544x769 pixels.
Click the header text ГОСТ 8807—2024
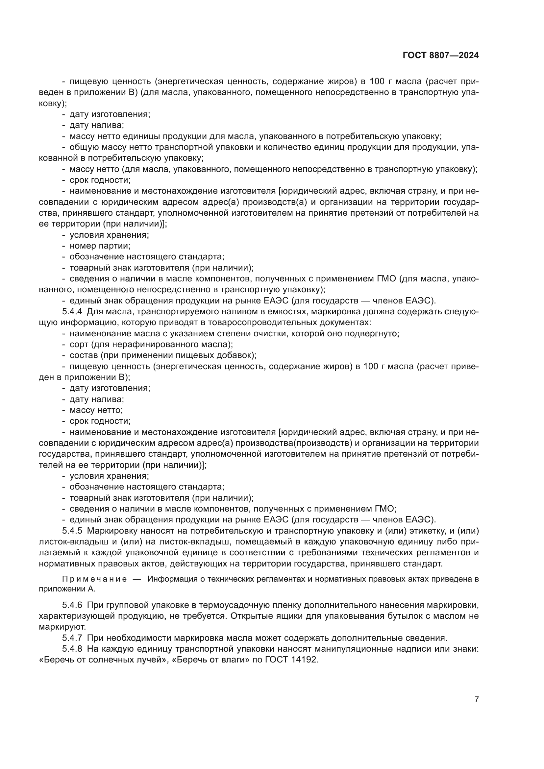(440, 56)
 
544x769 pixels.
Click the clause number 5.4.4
(72, 311)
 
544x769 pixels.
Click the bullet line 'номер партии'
(100, 246)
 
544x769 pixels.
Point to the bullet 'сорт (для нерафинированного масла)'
(151, 344)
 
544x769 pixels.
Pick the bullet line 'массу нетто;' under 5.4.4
(96, 410)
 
